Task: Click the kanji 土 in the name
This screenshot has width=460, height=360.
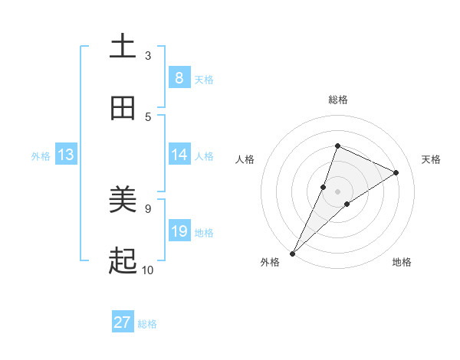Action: (x=123, y=47)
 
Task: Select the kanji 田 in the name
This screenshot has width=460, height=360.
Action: (x=123, y=108)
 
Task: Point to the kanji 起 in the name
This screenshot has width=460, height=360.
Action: (x=123, y=262)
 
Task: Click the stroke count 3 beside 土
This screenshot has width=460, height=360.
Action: (x=148, y=56)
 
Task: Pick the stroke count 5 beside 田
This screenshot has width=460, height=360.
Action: (x=148, y=117)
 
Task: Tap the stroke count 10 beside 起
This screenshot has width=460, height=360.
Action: (x=148, y=270)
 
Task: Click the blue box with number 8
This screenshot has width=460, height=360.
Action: (x=179, y=78)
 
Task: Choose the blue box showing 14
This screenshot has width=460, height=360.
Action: (x=179, y=155)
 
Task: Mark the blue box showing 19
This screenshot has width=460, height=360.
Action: (x=179, y=231)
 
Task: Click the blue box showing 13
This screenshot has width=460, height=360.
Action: (x=65, y=155)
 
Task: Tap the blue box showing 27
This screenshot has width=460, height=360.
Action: (x=123, y=322)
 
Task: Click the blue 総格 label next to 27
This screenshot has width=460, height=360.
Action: (x=147, y=324)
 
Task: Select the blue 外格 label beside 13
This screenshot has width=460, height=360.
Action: (x=41, y=156)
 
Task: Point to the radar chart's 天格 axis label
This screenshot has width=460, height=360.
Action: (x=431, y=159)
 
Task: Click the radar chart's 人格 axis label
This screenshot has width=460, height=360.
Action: (x=245, y=159)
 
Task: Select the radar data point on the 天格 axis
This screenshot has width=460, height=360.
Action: (x=396, y=172)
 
